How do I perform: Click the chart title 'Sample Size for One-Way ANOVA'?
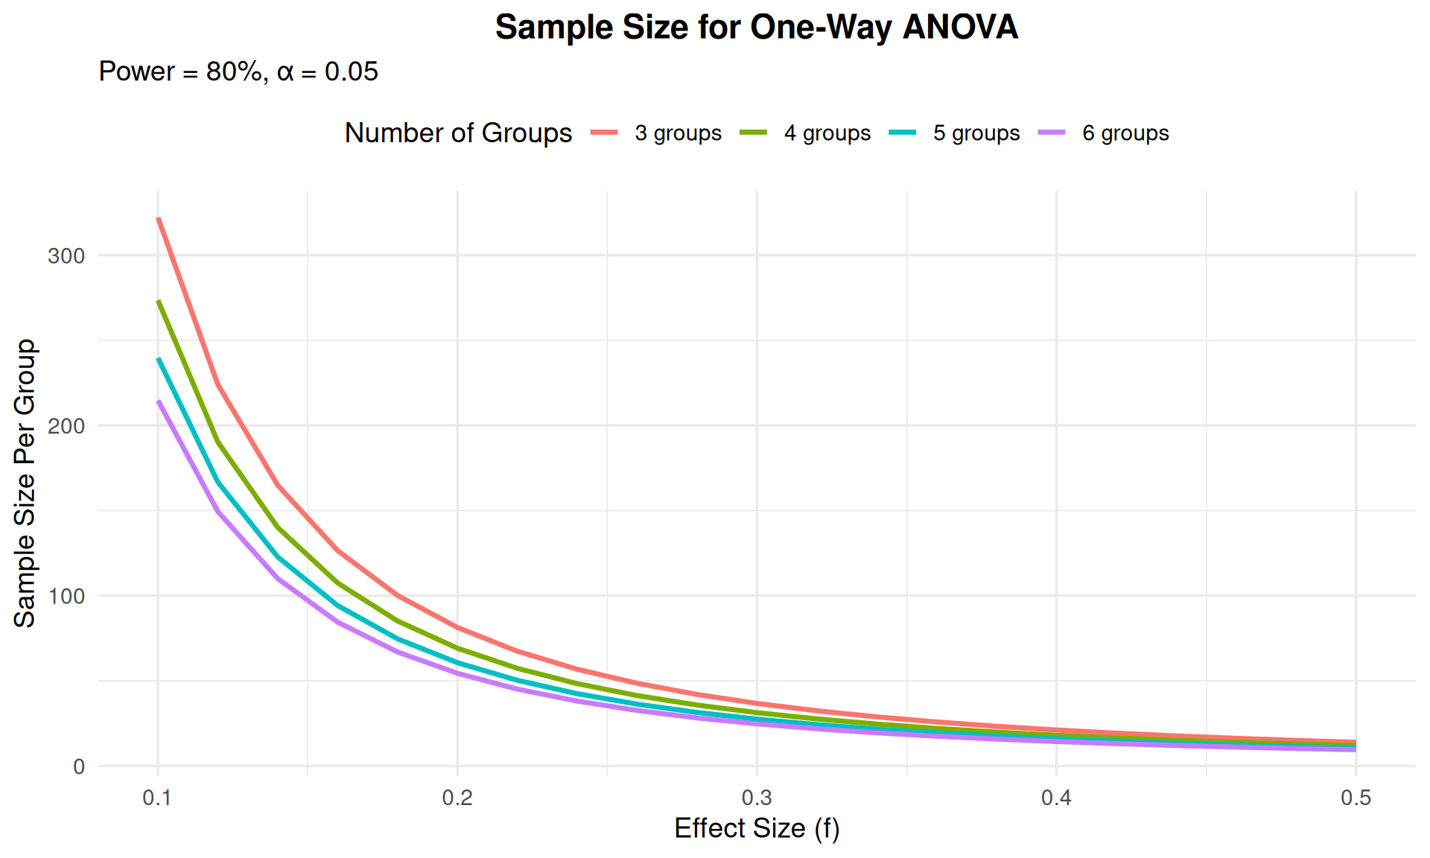pyautogui.click(x=756, y=28)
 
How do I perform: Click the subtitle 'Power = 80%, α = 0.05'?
pyautogui.click(x=238, y=71)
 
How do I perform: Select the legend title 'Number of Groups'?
pyautogui.click(x=458, y=133)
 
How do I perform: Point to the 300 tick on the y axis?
pyautogui.click(x=66, y=256)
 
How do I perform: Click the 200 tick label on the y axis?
pyautogui.click(x=66, y=426)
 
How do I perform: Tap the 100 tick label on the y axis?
pyautogui.click(x=66, y=597)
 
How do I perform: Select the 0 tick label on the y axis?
pyautogui.click(x=79, y=767)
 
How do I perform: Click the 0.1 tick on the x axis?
pyautogui.click(x=157, y=798)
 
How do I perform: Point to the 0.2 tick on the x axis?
pyautogui.click(x=457, y=798)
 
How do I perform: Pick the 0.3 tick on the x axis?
pyautogui.click(x=757, y=798)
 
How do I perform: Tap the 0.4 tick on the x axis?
pyautogui.click(x=1056, y=798)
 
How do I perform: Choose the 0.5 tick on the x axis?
pyautogui.click(x=1356, y=798)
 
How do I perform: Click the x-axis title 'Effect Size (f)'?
pyautogui.click(x=757, y=828)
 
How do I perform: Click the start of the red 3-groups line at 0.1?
pyautogui.click(x=159, y=218)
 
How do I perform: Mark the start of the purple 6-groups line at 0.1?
pyautogui.click(x=159, y=401)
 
